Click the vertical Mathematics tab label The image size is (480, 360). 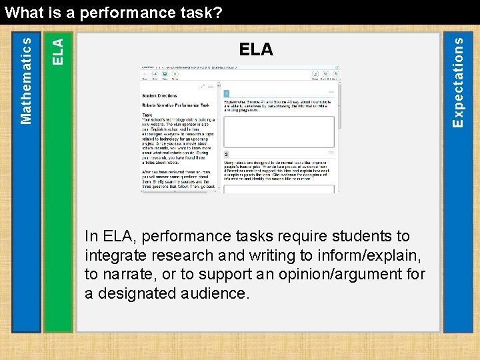coord(26,79)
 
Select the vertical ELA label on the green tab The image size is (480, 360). coord(58,51)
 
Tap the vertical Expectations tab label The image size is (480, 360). coord(457,81)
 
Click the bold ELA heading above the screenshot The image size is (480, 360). coord(256,49)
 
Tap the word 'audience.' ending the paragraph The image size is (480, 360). coord(219,293)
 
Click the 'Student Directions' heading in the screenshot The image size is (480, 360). coord(159,96)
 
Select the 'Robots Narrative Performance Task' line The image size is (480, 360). coord(175,105)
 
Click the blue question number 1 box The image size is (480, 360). coord(227,93)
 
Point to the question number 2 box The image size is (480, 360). coord(227,154)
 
